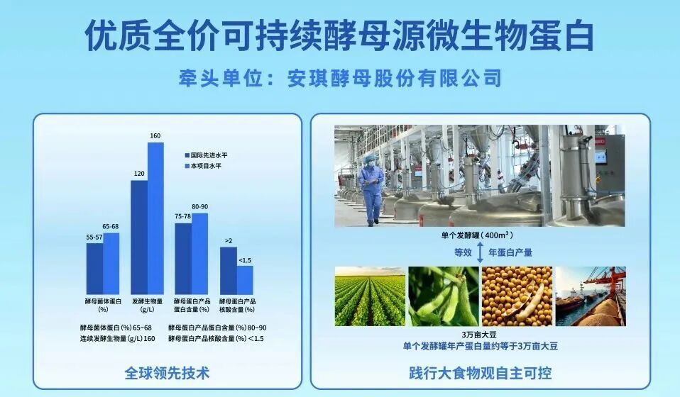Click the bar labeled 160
coord(155,218)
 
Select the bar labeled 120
coord(139,237)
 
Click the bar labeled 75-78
coord(183,258)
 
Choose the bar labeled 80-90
coord(199,253)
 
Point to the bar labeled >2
coord(228,270)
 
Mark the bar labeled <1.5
coord(245,279)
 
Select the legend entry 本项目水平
coord(206,165)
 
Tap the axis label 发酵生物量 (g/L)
coord(148,305)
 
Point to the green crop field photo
coord(369,296)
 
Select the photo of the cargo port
coord(590,296)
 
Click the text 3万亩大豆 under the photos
coord(480,335)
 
